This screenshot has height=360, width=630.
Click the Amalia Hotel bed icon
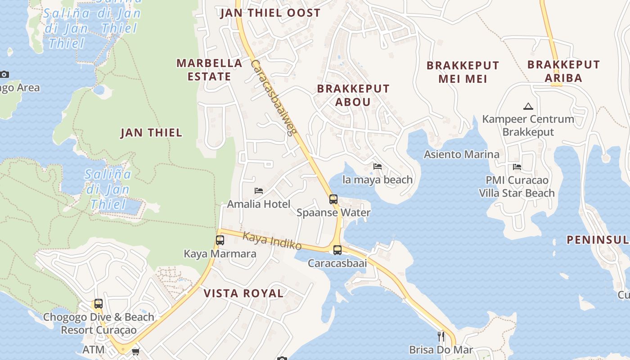click(259, 191)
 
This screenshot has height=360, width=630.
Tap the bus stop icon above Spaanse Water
click(333, 199)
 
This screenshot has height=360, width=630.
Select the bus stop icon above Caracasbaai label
click(337, 250)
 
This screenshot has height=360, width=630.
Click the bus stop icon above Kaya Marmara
click(220, 240)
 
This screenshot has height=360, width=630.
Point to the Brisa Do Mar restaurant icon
click(441, 336)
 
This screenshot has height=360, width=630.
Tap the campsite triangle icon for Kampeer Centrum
click(528, 107)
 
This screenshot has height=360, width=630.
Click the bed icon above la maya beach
click(378, 166)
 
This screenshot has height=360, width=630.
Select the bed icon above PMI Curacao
click(517, 167)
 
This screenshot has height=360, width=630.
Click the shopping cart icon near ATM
click(135, 351)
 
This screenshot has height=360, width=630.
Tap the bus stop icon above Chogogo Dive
click(99, 304)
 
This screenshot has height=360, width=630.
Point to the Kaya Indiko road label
click(272, 241)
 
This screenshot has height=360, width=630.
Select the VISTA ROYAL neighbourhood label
click(243, 293)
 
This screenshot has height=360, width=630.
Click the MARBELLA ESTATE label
click(209, 70)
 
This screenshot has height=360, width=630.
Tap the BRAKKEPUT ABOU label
click(353, 95)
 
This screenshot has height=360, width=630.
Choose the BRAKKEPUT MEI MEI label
click(463, 72)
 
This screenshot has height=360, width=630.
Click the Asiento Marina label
click(462, 154)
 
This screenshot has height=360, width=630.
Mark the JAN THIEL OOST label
click(270, 13)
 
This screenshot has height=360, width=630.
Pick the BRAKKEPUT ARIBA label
click(563, 71)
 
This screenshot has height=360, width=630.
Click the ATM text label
click(94, 350)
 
